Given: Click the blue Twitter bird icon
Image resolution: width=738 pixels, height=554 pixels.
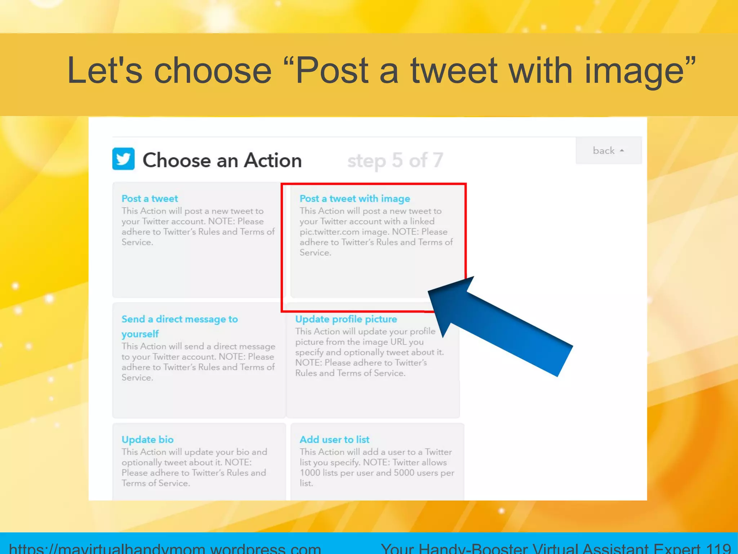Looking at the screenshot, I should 123,159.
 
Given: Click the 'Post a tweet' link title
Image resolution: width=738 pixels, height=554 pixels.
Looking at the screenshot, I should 150,198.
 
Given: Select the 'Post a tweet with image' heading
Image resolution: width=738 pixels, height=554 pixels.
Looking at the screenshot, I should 355,198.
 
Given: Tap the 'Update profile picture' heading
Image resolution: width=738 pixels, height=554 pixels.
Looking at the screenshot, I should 346,319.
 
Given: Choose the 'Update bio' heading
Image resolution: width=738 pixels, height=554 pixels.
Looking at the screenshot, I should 147,439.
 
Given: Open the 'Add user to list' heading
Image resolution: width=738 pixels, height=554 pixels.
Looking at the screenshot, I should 334,439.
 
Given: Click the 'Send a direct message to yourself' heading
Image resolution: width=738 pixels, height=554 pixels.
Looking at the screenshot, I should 179,326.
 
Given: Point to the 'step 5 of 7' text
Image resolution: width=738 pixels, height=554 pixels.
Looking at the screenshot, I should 395,160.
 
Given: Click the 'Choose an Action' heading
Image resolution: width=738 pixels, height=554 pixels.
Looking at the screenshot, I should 222,160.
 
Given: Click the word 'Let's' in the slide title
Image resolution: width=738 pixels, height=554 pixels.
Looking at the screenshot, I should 105,70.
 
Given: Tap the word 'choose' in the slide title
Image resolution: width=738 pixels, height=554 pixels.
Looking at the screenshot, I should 213,70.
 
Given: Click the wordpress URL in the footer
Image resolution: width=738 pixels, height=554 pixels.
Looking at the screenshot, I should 165,548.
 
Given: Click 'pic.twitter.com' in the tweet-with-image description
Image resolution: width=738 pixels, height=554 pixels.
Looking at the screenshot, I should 329,232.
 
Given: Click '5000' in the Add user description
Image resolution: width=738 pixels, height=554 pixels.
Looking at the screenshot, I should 404,472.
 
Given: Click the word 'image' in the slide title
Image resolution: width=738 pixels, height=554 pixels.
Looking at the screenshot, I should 634,70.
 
